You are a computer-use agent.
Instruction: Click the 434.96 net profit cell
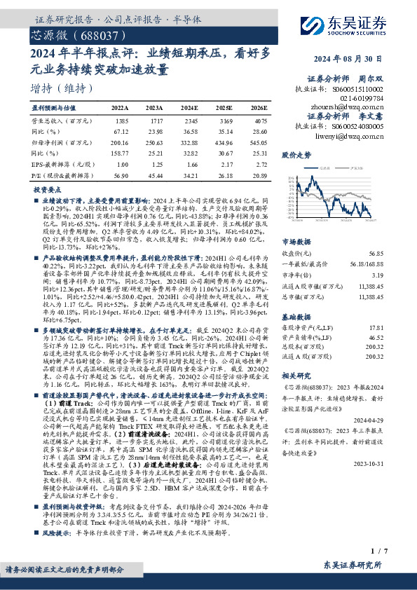(x=225, y=141)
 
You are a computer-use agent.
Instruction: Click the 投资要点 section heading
(x=47, y=189)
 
